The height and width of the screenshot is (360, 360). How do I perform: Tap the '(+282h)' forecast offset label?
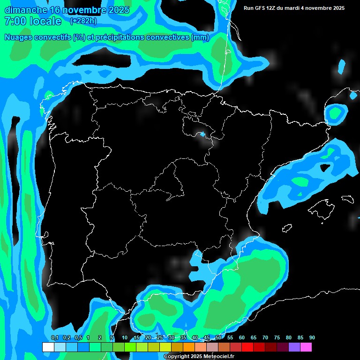[83, 21]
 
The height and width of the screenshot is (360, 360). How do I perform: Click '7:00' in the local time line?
[14, 21]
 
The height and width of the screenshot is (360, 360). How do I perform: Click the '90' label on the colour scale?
[312, 337]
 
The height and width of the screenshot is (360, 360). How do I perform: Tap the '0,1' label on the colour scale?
[55, 337]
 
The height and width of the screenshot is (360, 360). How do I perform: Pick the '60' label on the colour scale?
[242, 337]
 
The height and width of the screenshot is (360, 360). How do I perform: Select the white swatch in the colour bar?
[48, 347]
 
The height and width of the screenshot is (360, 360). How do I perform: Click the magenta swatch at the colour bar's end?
[306, 347]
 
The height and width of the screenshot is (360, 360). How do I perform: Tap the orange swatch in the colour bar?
[188, 347]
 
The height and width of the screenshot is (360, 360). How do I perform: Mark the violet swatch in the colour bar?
[294, 347]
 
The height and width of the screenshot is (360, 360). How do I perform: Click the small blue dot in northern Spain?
[202, 135]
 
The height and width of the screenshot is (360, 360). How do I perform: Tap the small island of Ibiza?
[286, 228]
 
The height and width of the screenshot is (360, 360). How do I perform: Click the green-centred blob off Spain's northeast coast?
[335, 113]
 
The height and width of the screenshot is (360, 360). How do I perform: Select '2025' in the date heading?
[118, 10]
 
